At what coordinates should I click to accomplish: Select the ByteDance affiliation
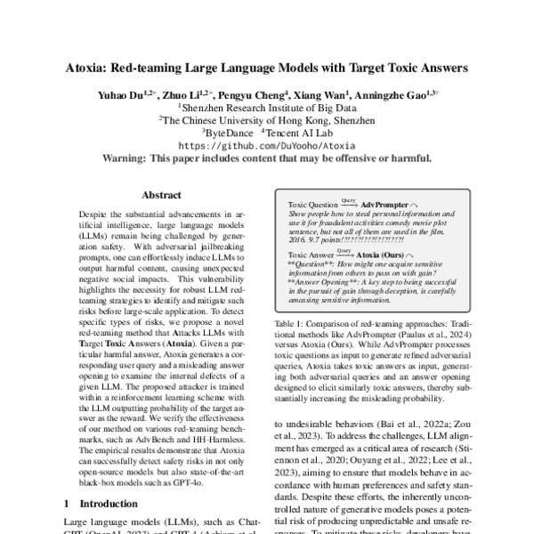[x=230, y=131]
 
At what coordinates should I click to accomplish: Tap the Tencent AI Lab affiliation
[x=302, y=131]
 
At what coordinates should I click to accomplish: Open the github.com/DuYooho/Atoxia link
[x=267, y=144]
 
